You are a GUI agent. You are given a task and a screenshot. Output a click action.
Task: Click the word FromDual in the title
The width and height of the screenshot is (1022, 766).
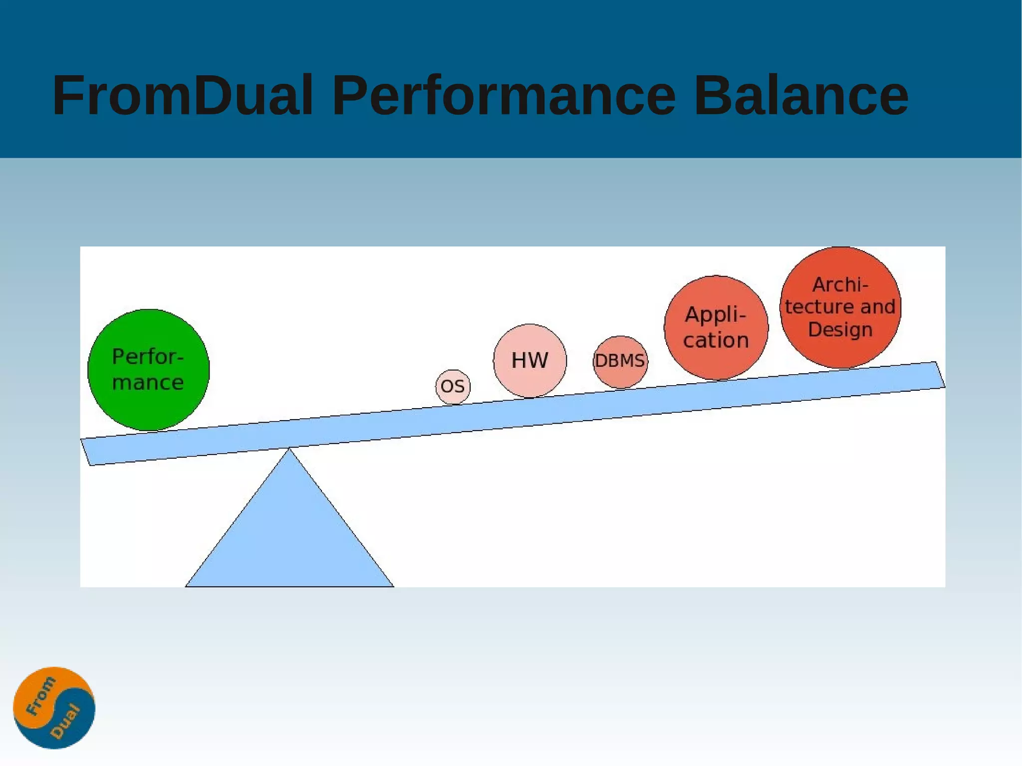point(183,95)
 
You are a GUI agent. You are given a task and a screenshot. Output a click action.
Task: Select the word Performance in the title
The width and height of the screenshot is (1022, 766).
point(504,95)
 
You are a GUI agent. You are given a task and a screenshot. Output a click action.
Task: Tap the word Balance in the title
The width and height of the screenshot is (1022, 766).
point(801,95)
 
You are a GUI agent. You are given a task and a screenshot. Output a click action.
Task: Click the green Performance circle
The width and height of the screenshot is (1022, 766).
point(148,370)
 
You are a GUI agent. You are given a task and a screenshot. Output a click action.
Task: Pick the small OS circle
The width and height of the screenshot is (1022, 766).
point(453,387)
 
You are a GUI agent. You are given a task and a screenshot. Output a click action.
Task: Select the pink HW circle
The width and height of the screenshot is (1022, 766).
point(529,360)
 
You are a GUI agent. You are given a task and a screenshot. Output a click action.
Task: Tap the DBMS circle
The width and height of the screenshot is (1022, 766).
point(620,361)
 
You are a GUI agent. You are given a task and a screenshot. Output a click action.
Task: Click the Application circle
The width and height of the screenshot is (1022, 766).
point(716,327)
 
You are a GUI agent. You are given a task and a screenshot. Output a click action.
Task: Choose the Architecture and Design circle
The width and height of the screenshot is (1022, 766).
point(840,307)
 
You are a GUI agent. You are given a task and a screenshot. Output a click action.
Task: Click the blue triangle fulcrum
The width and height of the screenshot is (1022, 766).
point(289,534)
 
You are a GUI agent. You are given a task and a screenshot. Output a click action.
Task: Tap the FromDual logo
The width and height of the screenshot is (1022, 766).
point(54,708)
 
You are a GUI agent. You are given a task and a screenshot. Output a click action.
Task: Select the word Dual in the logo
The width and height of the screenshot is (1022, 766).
point(66,721)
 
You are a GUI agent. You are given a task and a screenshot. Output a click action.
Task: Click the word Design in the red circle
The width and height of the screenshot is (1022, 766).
point(840,330)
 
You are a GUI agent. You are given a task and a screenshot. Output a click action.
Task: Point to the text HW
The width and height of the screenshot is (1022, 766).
point(529,360)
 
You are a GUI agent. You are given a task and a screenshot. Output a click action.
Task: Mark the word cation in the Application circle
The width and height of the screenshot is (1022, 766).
point(716,340)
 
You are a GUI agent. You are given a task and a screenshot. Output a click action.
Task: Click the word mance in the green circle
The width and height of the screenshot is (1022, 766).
point(148,383)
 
